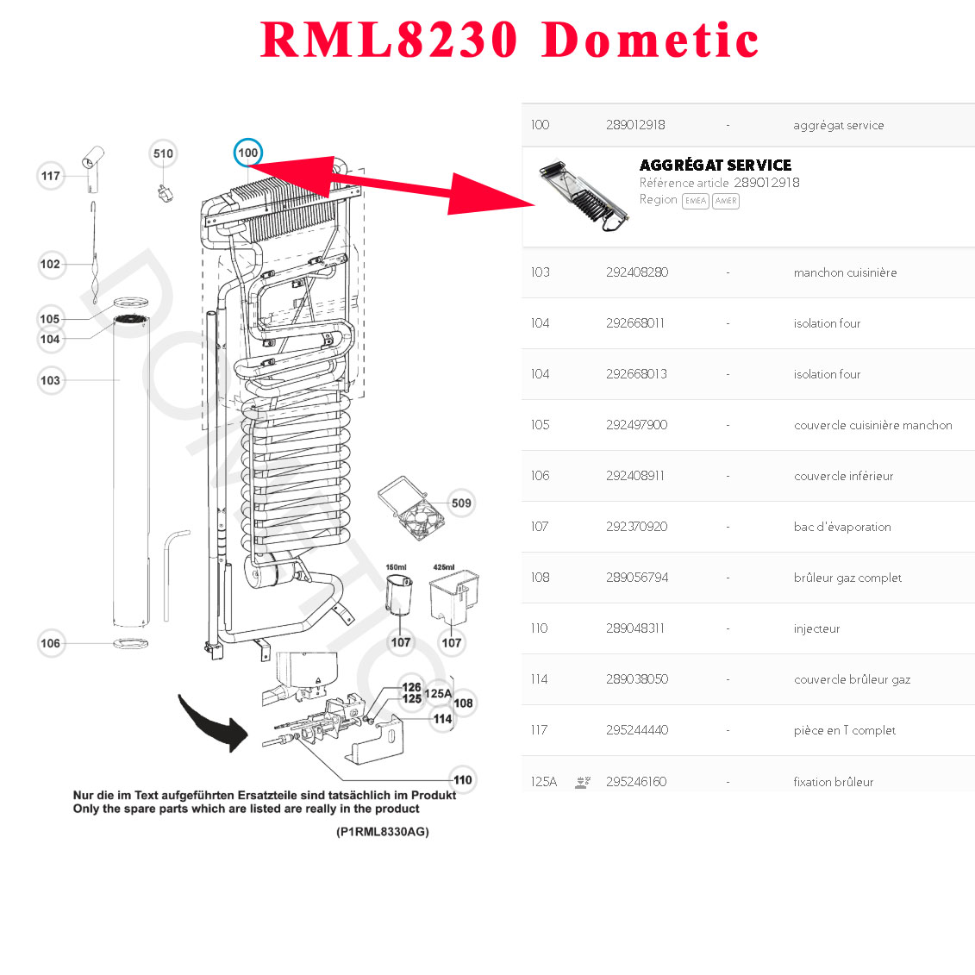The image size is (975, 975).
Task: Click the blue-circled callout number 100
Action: click(x=247, y=153)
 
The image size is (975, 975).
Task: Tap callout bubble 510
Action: click(x=163, y=153)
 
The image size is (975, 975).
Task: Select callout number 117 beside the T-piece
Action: click(x=51, y=176)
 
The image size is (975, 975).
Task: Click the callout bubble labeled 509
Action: click(x=461, y=503)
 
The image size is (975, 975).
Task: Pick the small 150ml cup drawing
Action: click(x=397, y=596)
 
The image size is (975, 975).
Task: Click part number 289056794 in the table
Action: click(x=636, y=578)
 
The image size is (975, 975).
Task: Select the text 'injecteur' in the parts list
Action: click(x=816, y=628)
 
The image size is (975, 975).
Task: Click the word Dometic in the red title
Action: click(x=650, y=41)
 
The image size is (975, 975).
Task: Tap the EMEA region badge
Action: click(x=695, y=201)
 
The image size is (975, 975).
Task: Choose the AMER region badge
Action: click(x=726, y=201)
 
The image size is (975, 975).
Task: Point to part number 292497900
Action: click(x=636, y=425)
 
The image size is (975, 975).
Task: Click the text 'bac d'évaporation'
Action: click(x=842, y=527)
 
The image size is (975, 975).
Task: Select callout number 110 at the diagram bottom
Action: click(x=463, y=779)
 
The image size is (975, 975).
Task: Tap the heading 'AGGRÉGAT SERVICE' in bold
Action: click(x=715, y=165)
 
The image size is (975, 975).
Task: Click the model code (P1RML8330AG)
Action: click(x=382, y=832)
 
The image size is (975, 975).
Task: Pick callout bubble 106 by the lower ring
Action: click(x=51, y=643)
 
